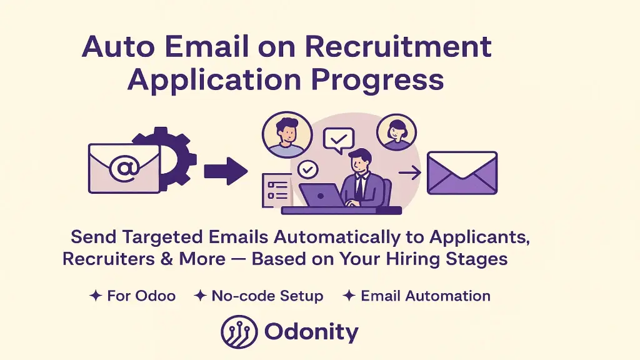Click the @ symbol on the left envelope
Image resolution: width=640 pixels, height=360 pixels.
(x=123, y=168)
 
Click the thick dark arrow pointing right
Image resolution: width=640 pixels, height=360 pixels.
(x=226, y=170)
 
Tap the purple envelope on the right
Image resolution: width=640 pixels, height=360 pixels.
(x=462, y=172)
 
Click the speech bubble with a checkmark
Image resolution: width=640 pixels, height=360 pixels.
(x=338, y=140)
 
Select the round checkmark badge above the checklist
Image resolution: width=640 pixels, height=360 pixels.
(x=307, y=169)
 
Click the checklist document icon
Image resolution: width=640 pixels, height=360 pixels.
(x=274, y=190)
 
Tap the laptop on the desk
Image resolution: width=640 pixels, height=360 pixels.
(x=321, y=195)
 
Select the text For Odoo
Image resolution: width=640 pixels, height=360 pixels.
(x=141, y=296)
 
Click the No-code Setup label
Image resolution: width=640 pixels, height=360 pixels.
(x=267, y=296)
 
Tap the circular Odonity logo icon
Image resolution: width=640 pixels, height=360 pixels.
(x=239, y=331)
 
